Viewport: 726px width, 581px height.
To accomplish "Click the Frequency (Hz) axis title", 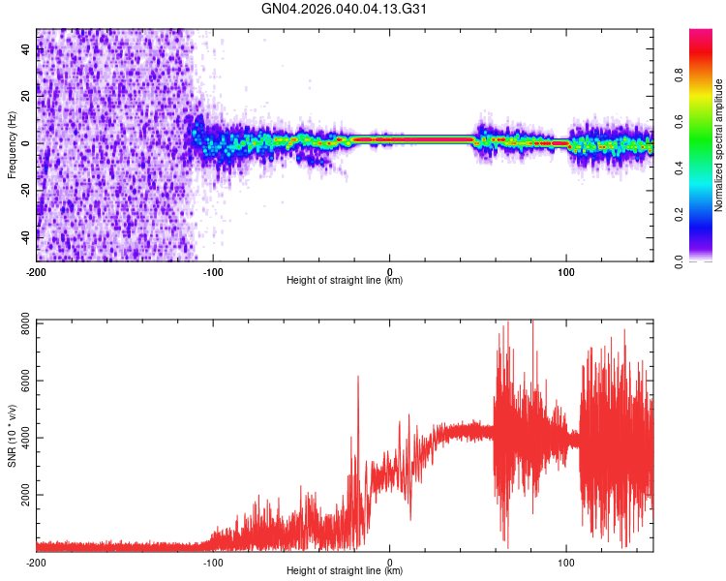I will click(12, 144).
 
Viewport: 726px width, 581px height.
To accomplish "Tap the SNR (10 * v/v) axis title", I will click(12, 435).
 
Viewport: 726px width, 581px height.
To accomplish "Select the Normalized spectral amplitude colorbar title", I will click(718, 144).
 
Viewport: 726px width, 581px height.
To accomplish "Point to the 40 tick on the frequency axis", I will click(27, 51).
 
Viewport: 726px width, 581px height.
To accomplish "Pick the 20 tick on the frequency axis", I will click(27, 97).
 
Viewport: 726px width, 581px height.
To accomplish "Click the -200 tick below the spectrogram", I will click(37, 271).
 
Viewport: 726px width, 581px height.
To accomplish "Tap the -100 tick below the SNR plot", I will click(213, 562).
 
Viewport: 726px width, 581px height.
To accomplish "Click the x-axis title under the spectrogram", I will click(345, 281).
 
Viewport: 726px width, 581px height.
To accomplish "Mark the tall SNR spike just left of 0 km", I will click(358, 378).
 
